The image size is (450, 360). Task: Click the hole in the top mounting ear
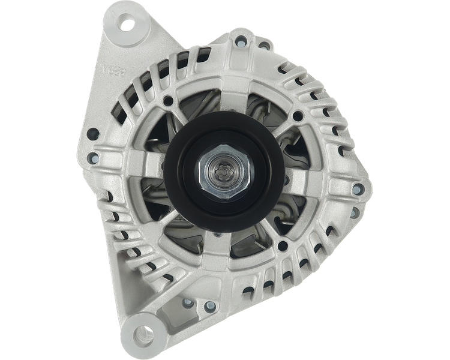[x=127, y=25]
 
